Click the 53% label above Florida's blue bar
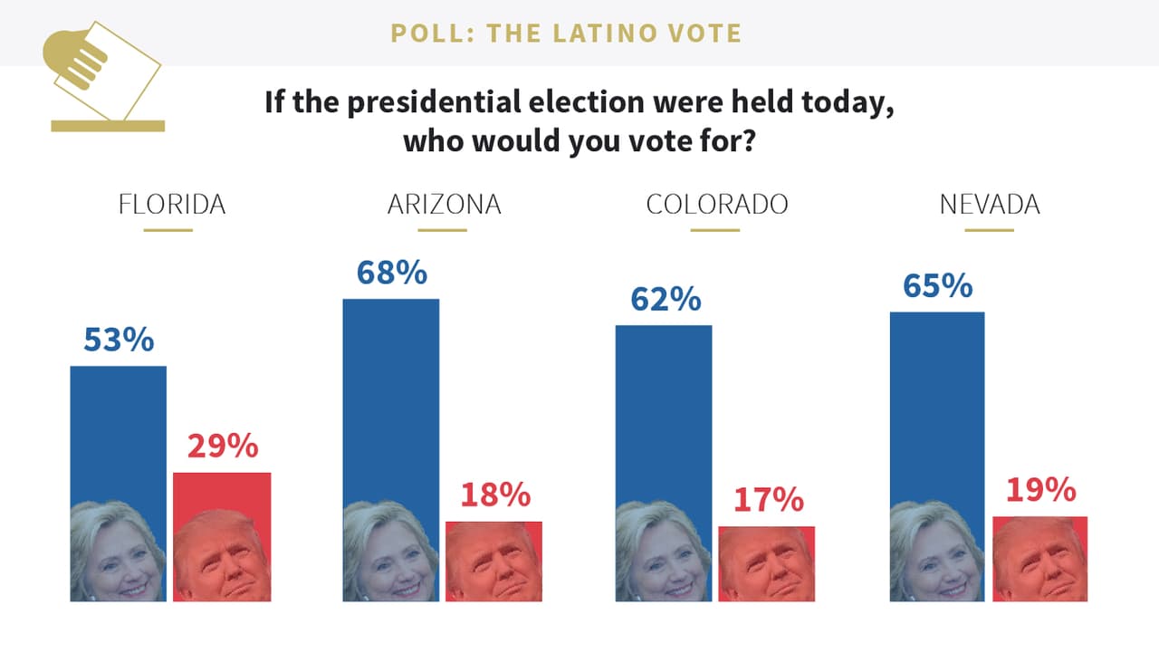coord(119,340)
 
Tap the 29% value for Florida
coord(223,446)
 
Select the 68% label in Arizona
coord(391,273)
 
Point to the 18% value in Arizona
coord(494,495)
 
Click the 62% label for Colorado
coord(666,299)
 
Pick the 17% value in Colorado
coord(768,499)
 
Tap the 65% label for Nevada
coord(937,285)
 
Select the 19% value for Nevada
coord(1040,490)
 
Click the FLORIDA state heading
coord(171,204)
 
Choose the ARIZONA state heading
coord(444,204)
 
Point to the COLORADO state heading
coord(716,204)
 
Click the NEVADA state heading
coord(990,204)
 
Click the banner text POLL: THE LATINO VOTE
coord(566,34)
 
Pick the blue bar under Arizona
coord(391,399)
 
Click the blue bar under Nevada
coord(937,408)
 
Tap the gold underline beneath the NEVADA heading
coord(990,230)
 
